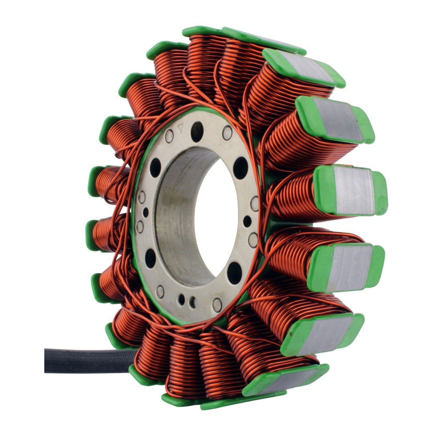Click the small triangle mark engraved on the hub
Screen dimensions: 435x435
pyautogui.click(x=180, y=127)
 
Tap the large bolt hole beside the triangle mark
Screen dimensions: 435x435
pyautogui.click(x=197, y=132)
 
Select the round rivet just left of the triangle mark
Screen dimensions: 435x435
pyautogui.click(x=169, y=136)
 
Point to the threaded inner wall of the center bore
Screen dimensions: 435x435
pyautogui.click(x=174, y=217)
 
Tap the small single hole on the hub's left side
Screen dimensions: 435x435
pyautogui.click(x=146, y=212)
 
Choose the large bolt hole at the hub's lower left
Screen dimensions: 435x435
pyautogui.click(x=150, y=258)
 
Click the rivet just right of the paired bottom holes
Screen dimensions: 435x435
pyautogui.click(x=217, y=304)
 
